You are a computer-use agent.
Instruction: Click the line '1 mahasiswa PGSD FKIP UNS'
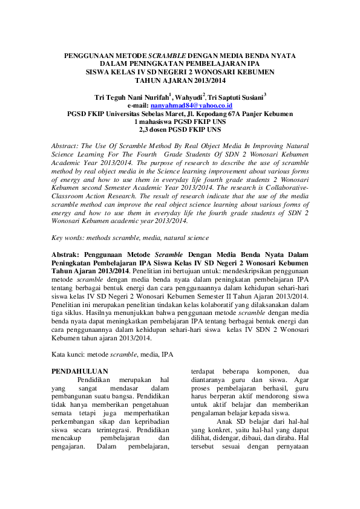[x=180, y=121]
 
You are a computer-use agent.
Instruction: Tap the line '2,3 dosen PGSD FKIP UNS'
[x=180, y=129]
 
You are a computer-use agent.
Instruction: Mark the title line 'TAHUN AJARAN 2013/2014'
[x=180, y=80]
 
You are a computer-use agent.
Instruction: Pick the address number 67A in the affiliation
[x=241, y=113]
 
